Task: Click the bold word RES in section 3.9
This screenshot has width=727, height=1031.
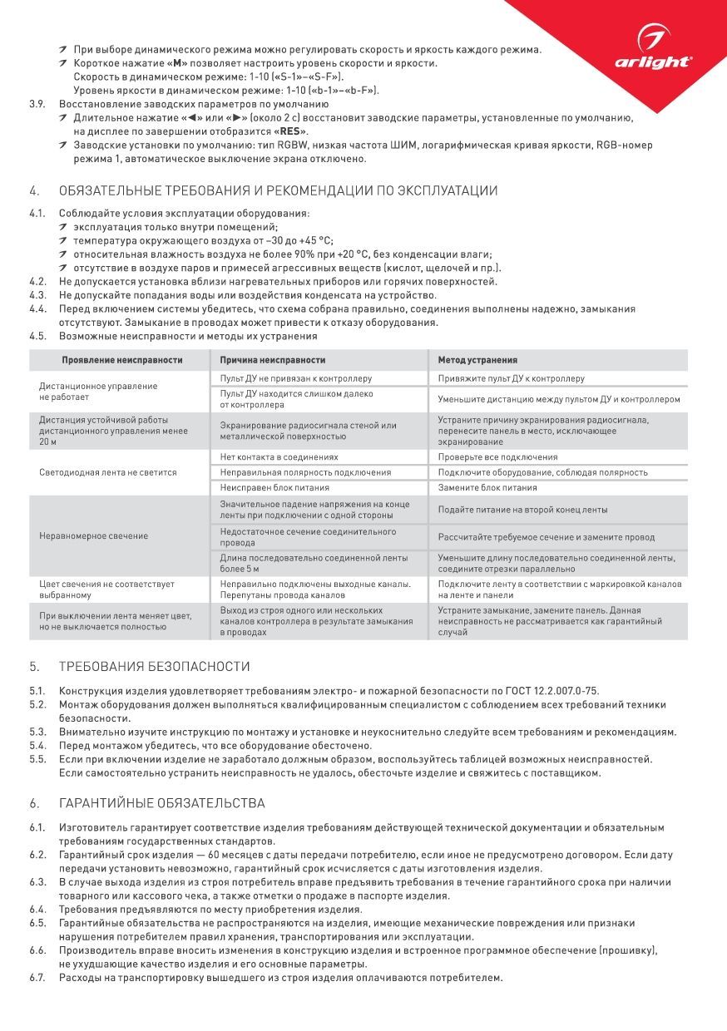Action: pos(289,131)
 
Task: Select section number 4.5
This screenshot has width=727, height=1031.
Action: pos(37,337)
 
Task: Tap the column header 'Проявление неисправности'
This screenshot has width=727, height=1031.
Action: pos(121,360)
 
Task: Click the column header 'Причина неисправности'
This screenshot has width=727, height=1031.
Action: pos(273,360)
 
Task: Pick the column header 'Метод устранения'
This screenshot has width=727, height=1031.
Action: pos(477,360)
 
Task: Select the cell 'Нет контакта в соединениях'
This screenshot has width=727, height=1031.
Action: pos(279,457)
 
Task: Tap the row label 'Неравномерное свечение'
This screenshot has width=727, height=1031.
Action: pos(93,535)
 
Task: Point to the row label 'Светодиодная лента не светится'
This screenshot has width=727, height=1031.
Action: pos(108,472)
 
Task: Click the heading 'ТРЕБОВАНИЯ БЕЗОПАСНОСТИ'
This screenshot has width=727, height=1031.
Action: pos(155,667)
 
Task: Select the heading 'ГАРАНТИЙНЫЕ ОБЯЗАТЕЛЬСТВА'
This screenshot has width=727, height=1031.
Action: pos(162,803)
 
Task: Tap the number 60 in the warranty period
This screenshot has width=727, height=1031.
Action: pos(215,855)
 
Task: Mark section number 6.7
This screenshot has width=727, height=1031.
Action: pos(37,977)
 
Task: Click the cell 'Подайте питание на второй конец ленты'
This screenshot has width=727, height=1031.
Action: pos(522,509)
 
